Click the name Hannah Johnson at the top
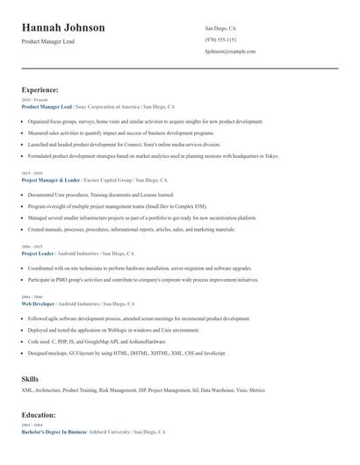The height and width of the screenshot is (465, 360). (63, 28)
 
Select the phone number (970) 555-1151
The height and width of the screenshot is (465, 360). (220, 39)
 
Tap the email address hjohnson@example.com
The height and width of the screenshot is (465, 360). (230, 52)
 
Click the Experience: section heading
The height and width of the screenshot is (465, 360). (40, 89)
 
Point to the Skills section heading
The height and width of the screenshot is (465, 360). (30, 378)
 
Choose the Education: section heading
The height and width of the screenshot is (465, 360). (39, 415)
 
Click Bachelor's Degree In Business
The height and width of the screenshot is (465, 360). (54, 433)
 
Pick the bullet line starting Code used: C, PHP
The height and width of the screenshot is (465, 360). (97, 341)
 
